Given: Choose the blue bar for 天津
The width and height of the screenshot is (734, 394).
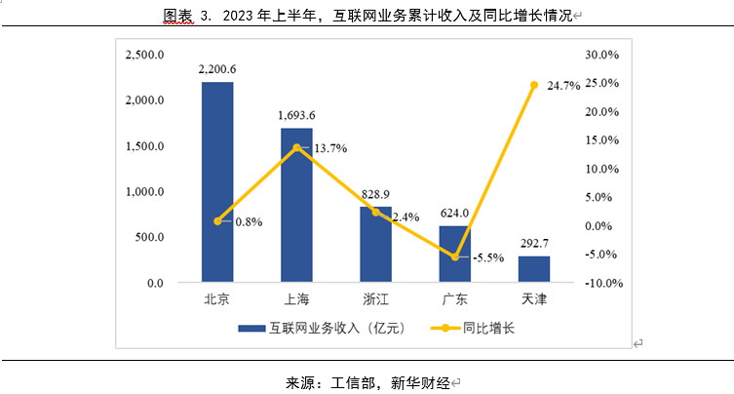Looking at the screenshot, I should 533,270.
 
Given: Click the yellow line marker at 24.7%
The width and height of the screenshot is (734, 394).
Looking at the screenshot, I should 533,86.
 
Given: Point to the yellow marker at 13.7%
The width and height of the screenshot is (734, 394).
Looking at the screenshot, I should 296,147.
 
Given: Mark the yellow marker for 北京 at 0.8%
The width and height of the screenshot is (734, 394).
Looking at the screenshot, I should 217,221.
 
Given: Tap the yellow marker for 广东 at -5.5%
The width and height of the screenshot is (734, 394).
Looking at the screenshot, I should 454,257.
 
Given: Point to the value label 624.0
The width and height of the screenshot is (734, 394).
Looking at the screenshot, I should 454,213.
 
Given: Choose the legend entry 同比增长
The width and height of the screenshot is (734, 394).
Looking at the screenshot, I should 489,329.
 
